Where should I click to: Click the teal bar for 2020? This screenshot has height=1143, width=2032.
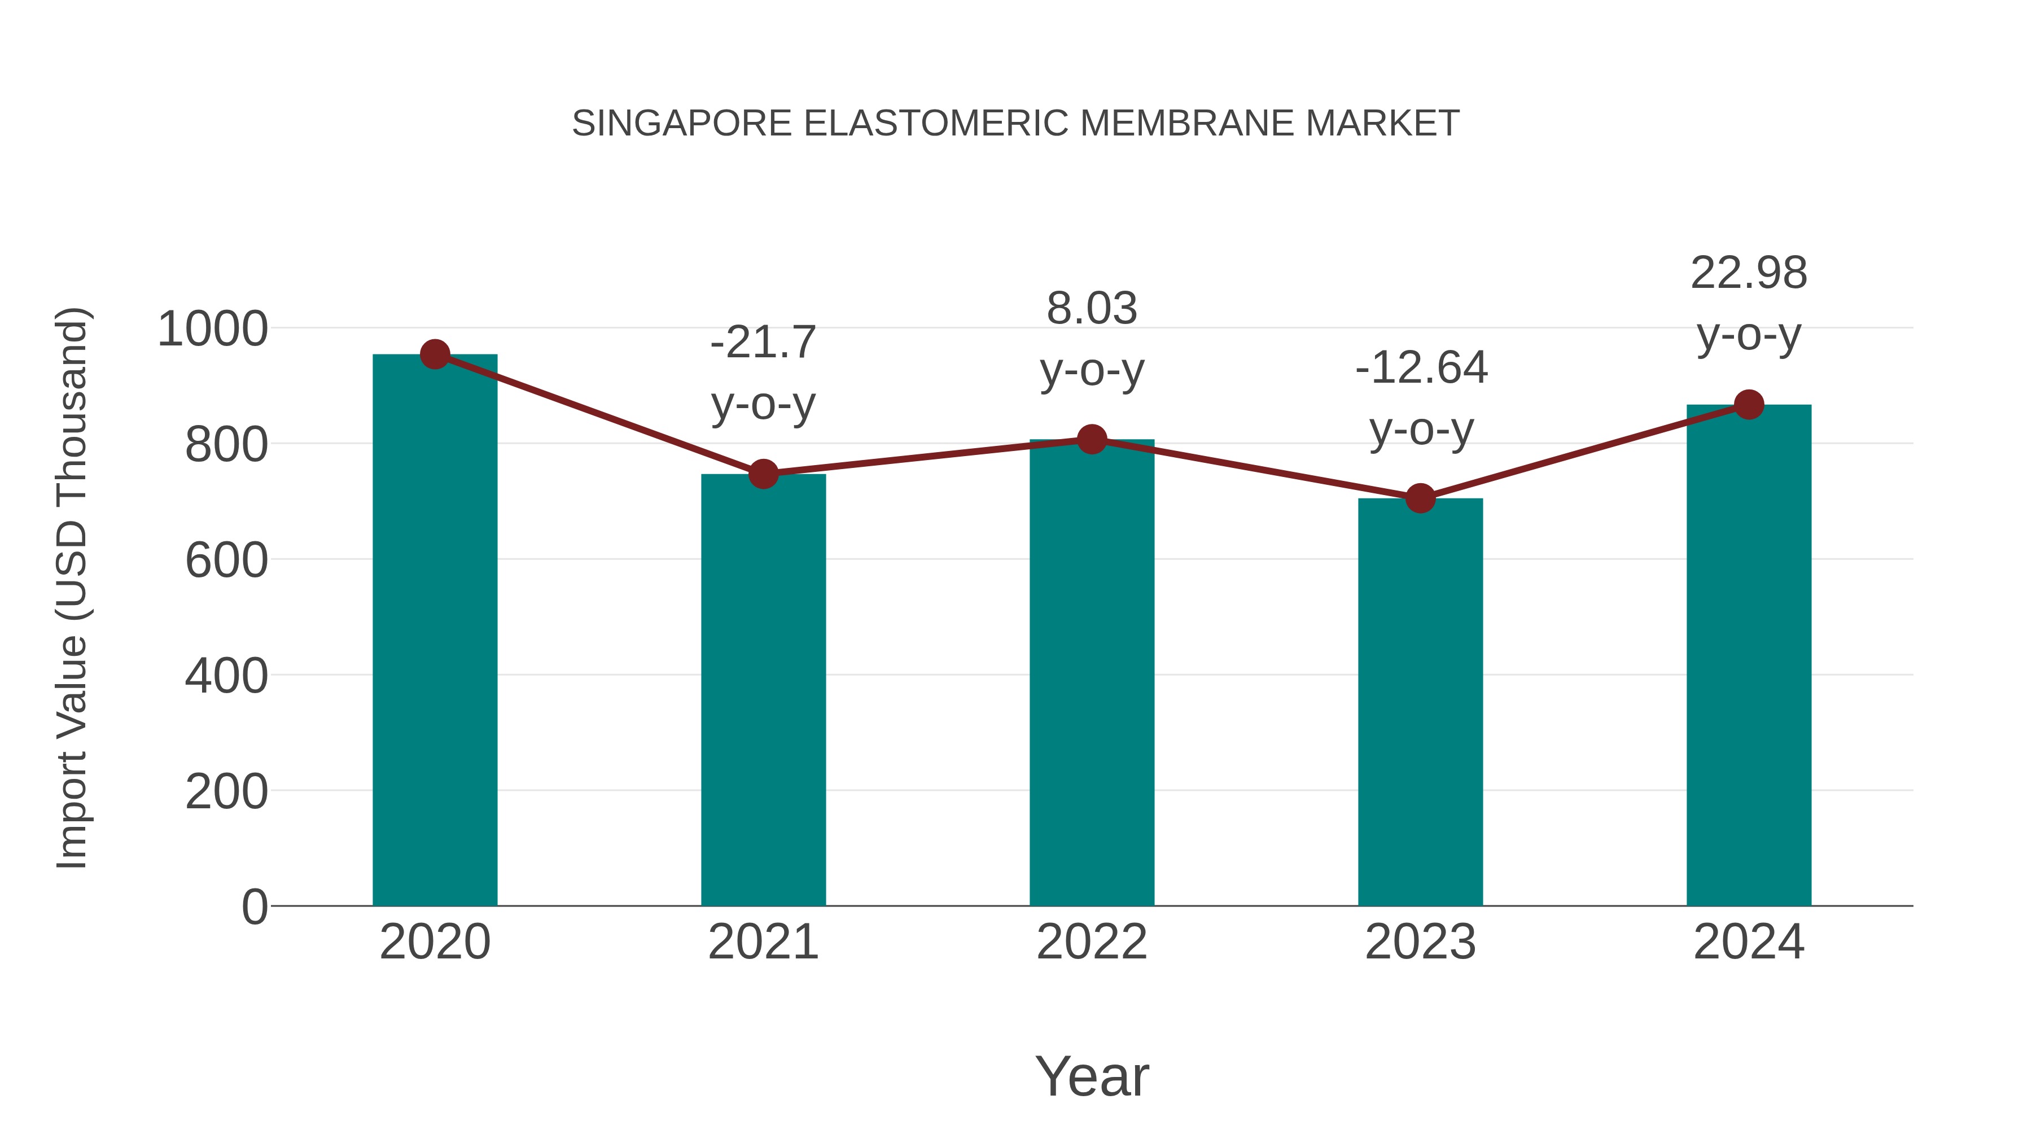435,631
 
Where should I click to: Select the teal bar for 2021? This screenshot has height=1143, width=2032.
763,690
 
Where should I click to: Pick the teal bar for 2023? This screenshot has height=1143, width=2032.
1420,702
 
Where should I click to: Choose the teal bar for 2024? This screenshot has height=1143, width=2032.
1749,655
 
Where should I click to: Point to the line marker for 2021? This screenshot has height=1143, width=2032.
763,474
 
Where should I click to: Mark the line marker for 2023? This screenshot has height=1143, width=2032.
1420,498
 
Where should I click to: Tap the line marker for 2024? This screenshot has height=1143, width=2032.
1749,405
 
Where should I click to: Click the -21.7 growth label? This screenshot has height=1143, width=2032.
763,343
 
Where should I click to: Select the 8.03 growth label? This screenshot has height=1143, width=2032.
1092,308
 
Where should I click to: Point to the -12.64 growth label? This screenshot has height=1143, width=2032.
1421,367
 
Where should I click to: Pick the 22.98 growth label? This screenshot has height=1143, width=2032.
1749,273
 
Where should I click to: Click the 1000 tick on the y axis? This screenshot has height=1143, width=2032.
213,329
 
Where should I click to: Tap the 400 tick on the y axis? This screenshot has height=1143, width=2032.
226,676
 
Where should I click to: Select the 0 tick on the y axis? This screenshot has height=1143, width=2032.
255,906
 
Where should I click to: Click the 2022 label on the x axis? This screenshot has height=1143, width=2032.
1092,942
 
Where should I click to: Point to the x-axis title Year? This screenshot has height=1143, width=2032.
1092,1076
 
